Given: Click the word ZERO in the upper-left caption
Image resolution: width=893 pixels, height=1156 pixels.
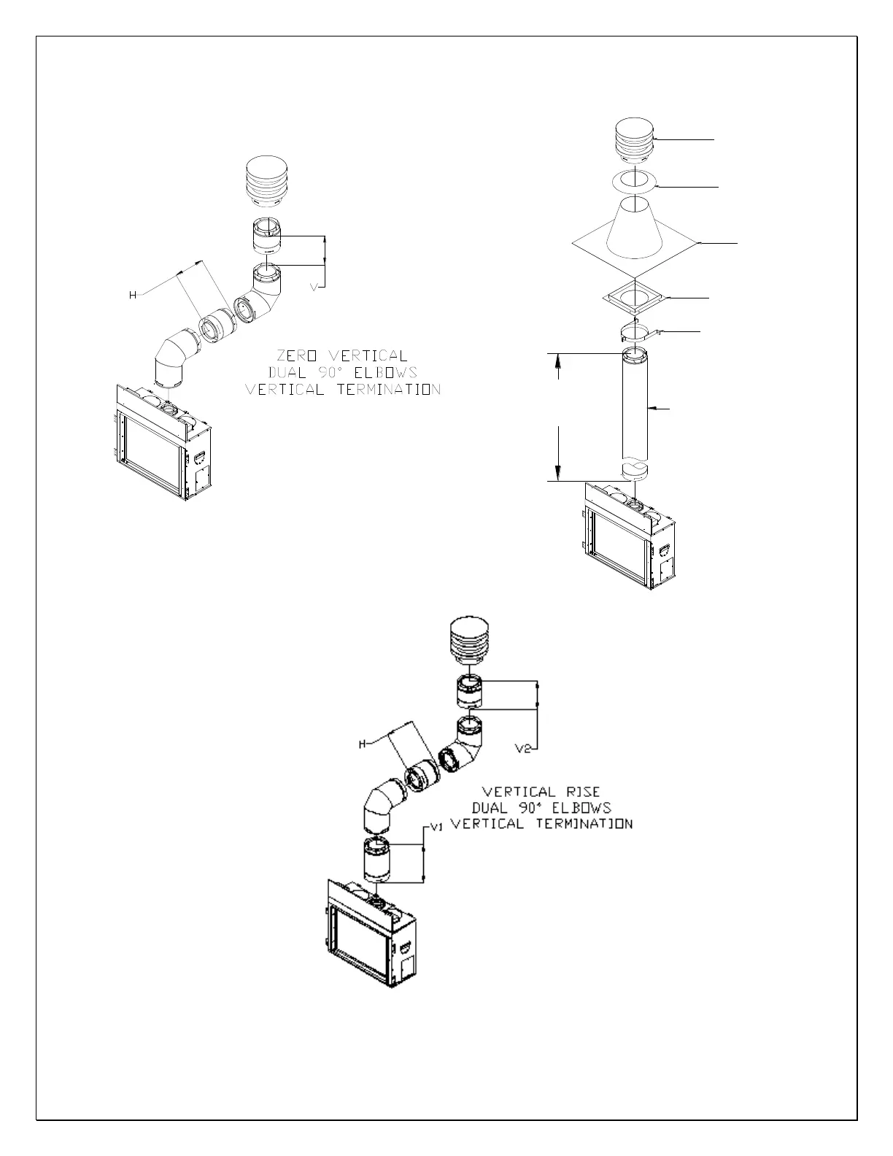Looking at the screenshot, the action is click(x=297, y=356).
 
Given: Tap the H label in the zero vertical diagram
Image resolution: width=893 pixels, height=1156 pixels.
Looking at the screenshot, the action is click(x=133, y=295).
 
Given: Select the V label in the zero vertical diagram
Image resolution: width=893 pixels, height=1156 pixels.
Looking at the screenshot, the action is click(x=314, y=288).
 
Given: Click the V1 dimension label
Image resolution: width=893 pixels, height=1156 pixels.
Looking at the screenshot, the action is click(x=437, y=827).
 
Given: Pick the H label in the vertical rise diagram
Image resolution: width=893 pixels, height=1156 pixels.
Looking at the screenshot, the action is click(x=362, y=744).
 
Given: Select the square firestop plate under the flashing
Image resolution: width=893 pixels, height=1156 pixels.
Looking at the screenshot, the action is click(x=634, y=298).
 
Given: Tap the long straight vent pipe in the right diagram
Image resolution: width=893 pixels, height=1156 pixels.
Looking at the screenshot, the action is click(x=634, y=409).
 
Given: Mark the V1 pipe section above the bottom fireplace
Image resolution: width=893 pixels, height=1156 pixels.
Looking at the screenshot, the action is click(x=376, y=861).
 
